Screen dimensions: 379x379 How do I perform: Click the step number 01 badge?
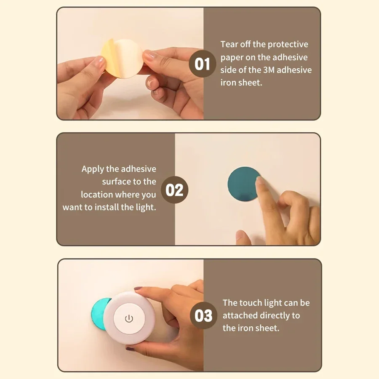coord(203,64)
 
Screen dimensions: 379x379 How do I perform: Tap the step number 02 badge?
coord(175,190)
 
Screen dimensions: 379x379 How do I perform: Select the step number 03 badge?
coord(203,315)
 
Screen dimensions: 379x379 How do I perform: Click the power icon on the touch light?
coord(129,318)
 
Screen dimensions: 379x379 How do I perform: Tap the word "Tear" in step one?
coord(230,44)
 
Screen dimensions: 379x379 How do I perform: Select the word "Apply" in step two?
coord(93,169)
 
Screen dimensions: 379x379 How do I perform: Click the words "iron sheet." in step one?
coord(241,83)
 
